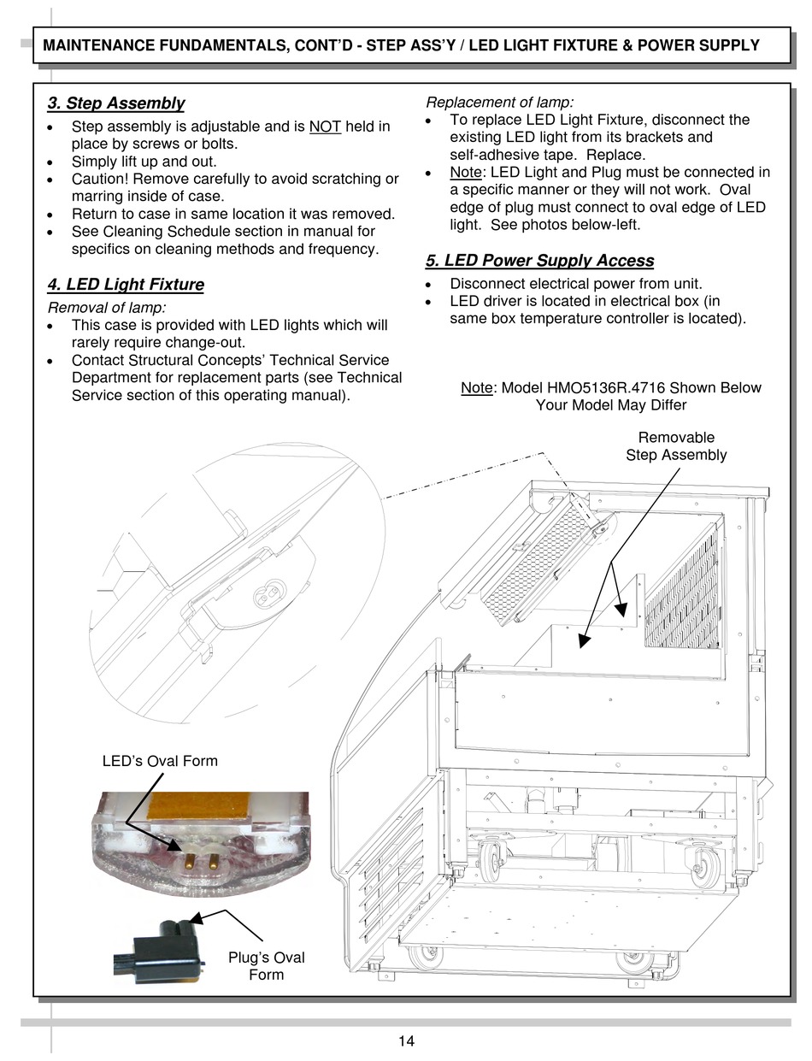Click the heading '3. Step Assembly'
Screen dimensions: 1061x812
[115, 103]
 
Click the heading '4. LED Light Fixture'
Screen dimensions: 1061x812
[126, 285]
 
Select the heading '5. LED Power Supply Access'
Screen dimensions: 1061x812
[539, 261]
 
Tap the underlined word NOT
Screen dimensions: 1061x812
[325, 127]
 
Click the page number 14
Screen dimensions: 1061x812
[406, 1040]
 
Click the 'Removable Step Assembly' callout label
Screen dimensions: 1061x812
[675, 446]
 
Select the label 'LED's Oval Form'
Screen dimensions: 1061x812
[160, 761]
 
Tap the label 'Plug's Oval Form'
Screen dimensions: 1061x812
[266, 966]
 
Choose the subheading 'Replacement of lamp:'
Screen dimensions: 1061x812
[500, 103]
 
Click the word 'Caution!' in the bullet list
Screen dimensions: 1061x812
[101, 179]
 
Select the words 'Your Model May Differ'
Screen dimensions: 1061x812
[610, 405]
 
